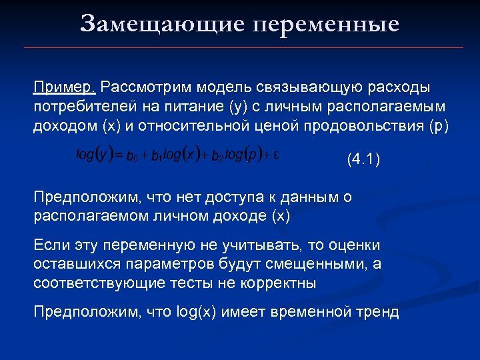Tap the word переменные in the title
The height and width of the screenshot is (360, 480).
click(326, 24)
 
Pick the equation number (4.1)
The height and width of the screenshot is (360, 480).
click(363, 160)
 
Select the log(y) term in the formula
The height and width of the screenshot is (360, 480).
click(93, 155)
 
